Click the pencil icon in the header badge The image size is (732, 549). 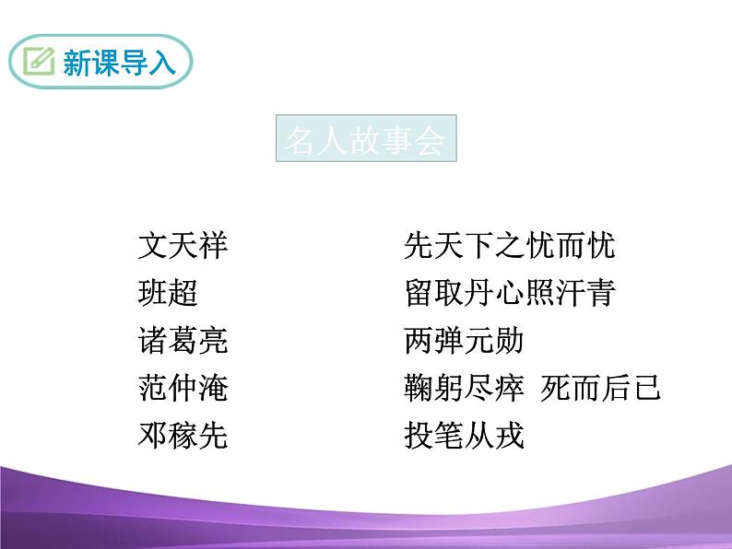(x=39, y=62)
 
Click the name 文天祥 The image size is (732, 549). (x=183, y=246)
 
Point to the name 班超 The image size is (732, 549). (x=167, y=294)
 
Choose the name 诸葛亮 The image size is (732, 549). (x=183, y=341)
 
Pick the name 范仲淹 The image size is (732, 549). (x=183, y=388)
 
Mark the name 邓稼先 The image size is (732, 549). (x=183, y=435)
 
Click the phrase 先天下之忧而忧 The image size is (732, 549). (x=509, y=246)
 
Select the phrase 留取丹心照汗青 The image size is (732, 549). (x=509, y=294)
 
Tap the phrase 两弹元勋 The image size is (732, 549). (x=464, y=341)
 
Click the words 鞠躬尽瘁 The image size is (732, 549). (x=464, y=388)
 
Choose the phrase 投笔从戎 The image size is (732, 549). (x=464, y=435)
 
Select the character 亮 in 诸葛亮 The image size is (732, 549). (x=213, y=341)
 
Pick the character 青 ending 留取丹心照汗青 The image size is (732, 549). (x=600, y=294)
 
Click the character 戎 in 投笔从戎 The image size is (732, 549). (x=509, y=435)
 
